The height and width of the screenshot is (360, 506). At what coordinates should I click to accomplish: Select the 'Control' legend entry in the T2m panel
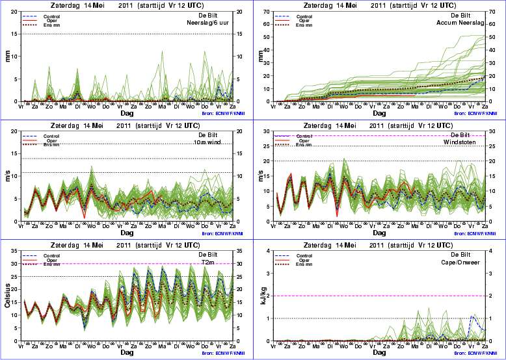coord(50,256)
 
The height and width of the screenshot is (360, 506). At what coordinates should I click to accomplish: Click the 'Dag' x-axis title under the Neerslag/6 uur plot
coord(127,112)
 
